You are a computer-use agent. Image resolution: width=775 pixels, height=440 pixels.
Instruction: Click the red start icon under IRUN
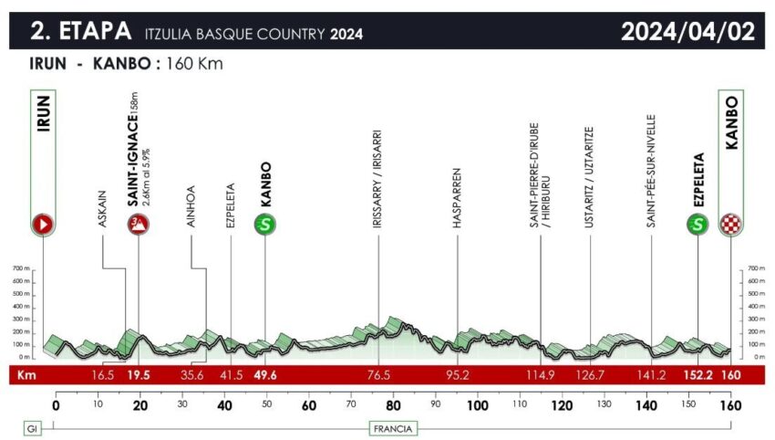44,224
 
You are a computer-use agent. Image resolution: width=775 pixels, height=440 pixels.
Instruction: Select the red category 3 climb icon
139,224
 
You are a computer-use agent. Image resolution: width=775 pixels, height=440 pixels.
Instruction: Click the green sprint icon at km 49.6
265,224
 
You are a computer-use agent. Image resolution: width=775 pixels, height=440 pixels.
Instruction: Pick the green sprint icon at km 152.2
698,224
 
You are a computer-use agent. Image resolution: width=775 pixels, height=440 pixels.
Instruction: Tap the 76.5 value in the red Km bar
378,375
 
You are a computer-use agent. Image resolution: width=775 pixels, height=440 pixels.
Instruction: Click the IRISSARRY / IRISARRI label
377,179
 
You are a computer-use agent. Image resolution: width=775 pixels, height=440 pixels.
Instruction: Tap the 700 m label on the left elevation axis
19,268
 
